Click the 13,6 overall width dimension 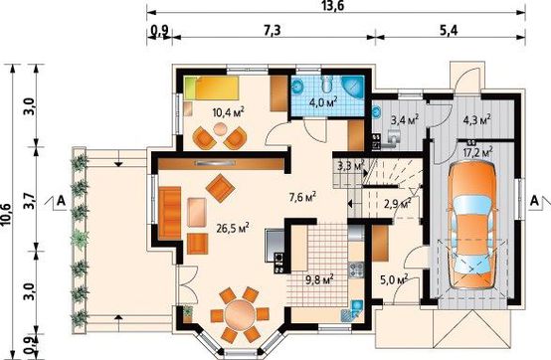(x=329, y=6)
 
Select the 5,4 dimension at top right (x=449, y=31)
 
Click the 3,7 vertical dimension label (x=30, y=201)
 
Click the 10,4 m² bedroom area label (x=229, y=112)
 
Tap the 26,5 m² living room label (x=233, y=229)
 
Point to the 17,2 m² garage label (x=478, y=152)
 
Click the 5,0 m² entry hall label (x=394, y=279)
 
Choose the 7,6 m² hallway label (x=302, y=197)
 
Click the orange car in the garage (x=471, y=225)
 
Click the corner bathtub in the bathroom (x=352, y=87)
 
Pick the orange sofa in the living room (x=170, y=213)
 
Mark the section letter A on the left (x=61, y=201)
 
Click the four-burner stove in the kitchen (x=356, y=270)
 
